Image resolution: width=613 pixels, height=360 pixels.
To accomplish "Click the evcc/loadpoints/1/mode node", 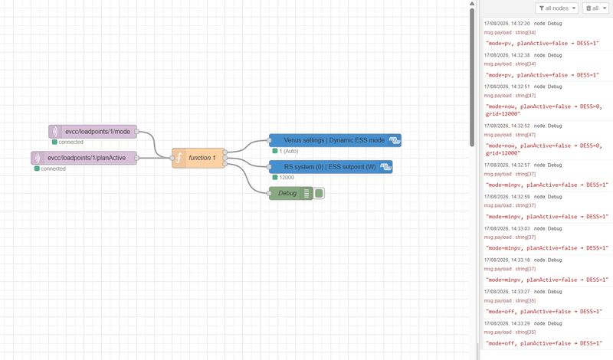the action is [93, 132].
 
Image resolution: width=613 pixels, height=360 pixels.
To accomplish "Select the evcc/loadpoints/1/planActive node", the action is [84, 158].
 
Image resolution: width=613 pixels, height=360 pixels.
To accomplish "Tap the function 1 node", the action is [198, 158].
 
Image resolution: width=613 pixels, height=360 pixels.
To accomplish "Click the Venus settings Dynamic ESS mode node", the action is [335, 140].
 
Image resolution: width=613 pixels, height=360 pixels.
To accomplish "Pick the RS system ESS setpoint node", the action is [331, 167].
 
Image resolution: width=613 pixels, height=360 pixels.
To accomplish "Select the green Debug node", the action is [291, 193].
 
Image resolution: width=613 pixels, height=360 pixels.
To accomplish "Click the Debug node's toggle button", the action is [319, 193].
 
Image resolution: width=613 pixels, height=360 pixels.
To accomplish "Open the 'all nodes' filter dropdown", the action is [557, 8].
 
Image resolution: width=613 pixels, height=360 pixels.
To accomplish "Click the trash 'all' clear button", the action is [595, 8].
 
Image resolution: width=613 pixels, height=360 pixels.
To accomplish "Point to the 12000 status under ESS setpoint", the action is [287, 178].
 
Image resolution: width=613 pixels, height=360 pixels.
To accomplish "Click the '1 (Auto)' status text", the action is [289, 151].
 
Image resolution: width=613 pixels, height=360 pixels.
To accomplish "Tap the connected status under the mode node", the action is [70, 142].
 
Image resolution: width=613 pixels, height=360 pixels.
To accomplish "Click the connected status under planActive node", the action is [53, 169].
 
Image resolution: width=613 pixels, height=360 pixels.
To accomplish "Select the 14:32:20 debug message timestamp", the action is [507, 24].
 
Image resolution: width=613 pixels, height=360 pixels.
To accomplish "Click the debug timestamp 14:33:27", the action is [507, 292].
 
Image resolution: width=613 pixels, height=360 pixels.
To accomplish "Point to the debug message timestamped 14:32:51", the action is [544, 110].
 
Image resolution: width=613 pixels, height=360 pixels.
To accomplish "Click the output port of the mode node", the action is [137, 132].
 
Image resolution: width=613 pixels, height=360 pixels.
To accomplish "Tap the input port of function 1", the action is [172, 158].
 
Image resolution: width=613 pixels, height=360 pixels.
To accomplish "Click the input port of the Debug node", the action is [269, 193].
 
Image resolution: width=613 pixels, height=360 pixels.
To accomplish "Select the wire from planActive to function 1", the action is [155, 158].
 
